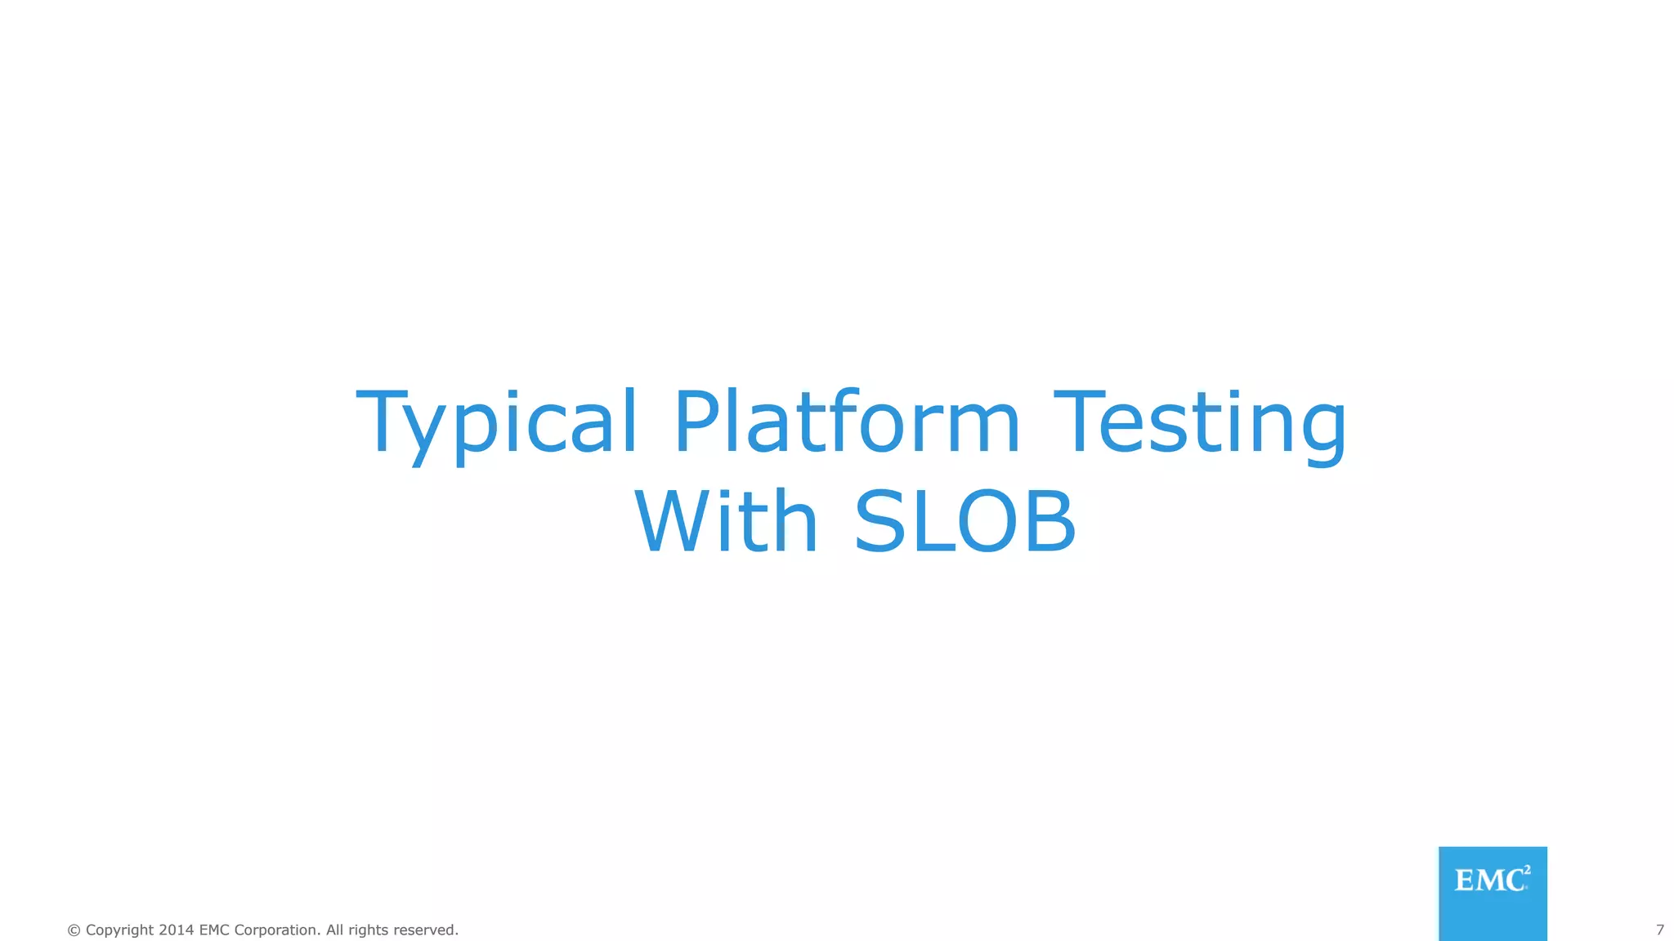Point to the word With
(x=725, y=523)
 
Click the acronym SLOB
(x=965, y=523)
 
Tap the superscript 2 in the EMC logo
(x=1527, y=870)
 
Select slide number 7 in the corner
(x=1659, y=930)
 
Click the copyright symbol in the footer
(x=74, y=930)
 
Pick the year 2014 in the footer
(x=176, y=930)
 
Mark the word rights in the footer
(x=369, y=930)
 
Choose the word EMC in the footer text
(x=214, y=930)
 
